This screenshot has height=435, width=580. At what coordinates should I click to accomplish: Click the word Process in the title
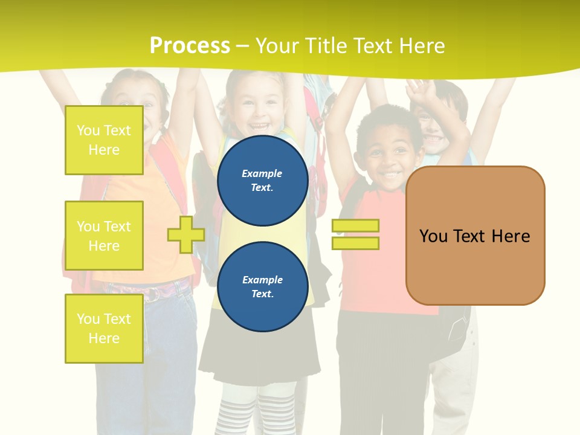click(x=190, y=46)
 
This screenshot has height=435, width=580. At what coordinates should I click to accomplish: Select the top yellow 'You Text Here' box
click(x=104, y=140)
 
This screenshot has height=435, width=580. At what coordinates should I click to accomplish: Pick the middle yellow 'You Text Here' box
click(x=104, y=236)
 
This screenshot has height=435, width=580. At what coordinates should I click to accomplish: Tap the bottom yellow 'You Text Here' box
click(x=104, y=328)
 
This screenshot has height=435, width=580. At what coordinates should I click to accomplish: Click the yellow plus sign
click(x=186, y=234)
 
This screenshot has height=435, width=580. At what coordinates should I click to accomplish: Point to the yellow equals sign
click(x=355, y=234)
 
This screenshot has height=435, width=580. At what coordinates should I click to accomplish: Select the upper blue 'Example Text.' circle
click(x=262, y=181)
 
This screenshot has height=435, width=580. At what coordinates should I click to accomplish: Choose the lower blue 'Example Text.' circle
click(x=262, y=286)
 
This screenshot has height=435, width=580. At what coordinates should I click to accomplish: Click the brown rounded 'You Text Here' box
click(x=475, y=236)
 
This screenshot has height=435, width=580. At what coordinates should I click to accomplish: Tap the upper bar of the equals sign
click(x=355, y=225)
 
